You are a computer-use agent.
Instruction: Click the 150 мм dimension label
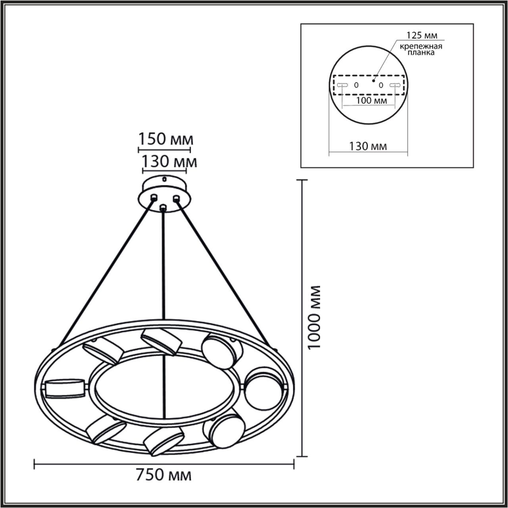tap(165, 140)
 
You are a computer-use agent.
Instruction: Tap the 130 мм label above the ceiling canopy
tap(169, 162)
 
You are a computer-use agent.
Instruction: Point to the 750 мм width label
tap(164, 475)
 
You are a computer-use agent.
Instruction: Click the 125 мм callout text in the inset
tap(422, 36)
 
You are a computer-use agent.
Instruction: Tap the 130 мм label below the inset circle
tap(368, 146)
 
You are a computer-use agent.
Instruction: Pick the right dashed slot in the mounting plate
tap(394, 85)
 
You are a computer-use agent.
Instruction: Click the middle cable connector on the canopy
tap(162, 207)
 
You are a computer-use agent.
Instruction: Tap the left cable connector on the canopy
tap(153, 197)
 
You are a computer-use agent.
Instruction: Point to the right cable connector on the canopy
tap(177, 198)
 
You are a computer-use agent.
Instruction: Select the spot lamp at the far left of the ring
tap(64, 389)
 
